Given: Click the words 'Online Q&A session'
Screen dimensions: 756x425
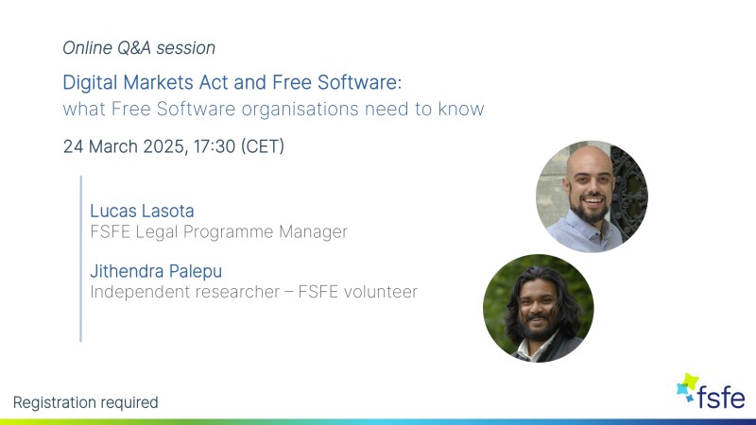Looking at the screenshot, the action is (139, 48).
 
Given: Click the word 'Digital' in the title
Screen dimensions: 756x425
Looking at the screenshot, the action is (90, 83).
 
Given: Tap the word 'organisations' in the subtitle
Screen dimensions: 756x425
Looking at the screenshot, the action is (300, 109).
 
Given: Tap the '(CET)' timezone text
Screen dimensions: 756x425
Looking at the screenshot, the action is (263, 146).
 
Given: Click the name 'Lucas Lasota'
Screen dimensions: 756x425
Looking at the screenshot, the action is (142, 211).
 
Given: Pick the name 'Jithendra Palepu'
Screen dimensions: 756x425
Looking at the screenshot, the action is (156, 271).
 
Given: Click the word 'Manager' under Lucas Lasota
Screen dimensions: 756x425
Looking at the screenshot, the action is (313, 231).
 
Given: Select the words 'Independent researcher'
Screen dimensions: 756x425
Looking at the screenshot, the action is (184, 292).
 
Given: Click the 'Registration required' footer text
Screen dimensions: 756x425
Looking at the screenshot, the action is (85, 402).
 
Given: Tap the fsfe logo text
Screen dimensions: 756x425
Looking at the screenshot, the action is (721, 397).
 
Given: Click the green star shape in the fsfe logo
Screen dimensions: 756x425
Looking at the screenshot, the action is (691, 382).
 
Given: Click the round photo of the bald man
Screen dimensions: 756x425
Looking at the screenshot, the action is (593, 196).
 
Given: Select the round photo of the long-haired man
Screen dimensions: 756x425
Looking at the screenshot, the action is (539, 309).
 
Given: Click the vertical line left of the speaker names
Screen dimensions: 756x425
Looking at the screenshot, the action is (80, 259).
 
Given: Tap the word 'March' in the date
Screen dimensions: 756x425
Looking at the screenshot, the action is (113, 146).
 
